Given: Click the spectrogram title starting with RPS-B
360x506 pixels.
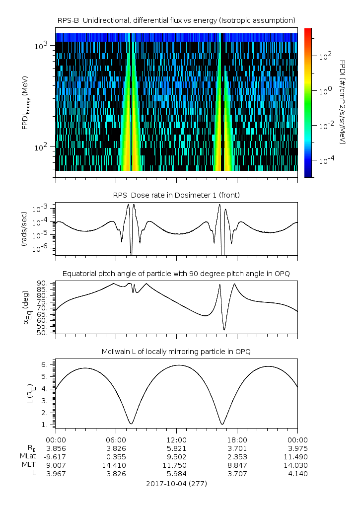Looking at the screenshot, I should (x=176, y=20).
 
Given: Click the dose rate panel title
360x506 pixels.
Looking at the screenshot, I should (x=176, y=195).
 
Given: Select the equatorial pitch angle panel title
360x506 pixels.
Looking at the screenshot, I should (x=176, y=274).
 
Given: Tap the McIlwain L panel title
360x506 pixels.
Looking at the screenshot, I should (x=176, y=352).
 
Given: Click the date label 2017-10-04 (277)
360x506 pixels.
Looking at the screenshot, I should (x=176, y=483).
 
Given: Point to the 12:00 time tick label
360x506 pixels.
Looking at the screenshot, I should (x=176, y=439).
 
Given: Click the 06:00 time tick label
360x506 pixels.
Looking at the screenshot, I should (x=116, y=439).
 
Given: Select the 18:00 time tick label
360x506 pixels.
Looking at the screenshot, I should (x=237, y=439).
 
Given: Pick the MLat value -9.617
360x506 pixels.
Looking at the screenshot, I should (x=56, y=456).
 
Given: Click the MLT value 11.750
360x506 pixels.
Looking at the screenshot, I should (x=176, y=465).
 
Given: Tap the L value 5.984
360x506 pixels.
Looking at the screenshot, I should (x=176, y=474).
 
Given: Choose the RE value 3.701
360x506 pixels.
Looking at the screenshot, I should (x=237, y=448).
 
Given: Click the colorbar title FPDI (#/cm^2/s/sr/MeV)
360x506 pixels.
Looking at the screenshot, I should (x=343, y=102).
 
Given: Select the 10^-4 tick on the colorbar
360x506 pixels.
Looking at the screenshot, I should (x=325, y=161).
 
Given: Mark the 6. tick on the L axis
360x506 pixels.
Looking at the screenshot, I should (x=44, y=364).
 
